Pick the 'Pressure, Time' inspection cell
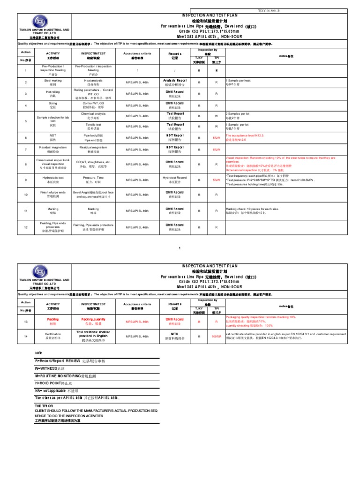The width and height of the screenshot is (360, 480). click(x=93, y=180)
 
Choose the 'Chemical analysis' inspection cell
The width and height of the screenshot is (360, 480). click(x=93, y=116)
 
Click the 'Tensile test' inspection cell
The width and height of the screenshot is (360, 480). click(x=93, y=127)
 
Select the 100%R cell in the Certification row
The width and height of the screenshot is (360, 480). click(x=216, y=337)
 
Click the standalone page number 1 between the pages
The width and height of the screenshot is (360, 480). click(x=180, y=247)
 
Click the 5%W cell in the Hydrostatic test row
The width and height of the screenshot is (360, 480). click(x=216, y=180)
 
